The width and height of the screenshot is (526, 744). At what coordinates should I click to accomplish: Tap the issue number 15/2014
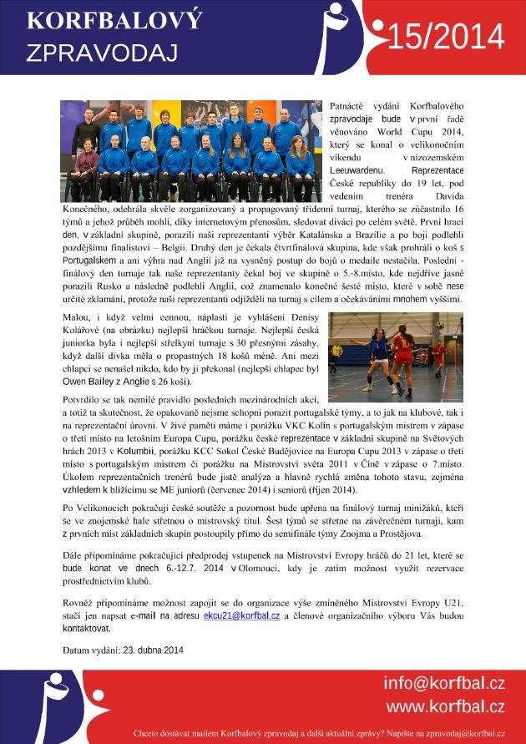point(447,37)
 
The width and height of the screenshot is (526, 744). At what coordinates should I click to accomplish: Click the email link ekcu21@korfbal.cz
point(241,615)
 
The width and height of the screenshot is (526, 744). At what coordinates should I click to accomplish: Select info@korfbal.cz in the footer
point(444,684)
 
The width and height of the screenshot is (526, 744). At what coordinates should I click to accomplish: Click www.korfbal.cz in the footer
point(444,707)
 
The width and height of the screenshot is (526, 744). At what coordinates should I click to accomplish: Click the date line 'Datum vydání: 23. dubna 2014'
point(123,650)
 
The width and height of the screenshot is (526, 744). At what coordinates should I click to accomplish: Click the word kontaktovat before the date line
point(86,627)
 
